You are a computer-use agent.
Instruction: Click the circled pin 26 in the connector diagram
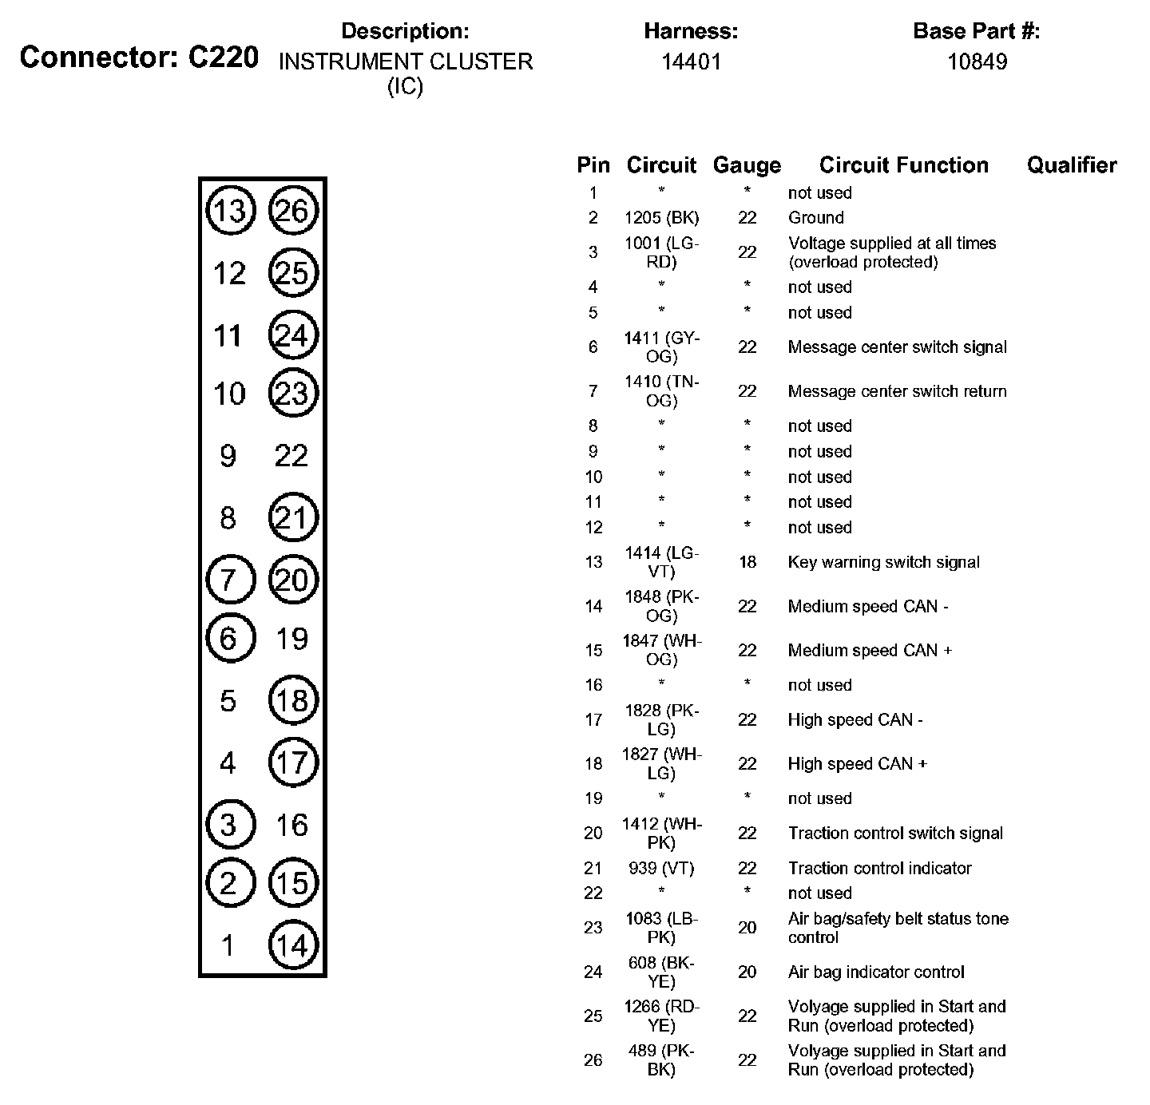293,211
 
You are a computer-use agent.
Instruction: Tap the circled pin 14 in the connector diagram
293,945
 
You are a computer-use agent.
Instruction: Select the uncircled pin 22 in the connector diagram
291,456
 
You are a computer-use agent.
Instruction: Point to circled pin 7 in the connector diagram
230,579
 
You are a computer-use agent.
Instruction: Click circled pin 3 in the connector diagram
230,824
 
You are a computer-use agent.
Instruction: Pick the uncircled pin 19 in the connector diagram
291,639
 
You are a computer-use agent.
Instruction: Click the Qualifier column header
1071,165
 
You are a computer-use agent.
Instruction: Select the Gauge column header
747,165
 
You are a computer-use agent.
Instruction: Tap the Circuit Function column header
903,165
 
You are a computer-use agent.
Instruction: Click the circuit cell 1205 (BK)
661,217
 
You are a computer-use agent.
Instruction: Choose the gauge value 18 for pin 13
747,562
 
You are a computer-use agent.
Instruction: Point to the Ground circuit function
815,217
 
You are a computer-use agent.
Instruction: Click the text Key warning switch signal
883,562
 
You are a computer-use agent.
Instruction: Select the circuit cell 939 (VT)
661,868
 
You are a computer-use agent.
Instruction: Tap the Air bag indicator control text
876,972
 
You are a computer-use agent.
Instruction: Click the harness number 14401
691,62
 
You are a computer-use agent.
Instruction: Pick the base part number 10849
977,62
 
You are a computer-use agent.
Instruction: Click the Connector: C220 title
139,57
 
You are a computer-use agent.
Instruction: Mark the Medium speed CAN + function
870,650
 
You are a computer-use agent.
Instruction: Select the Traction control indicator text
879,868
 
